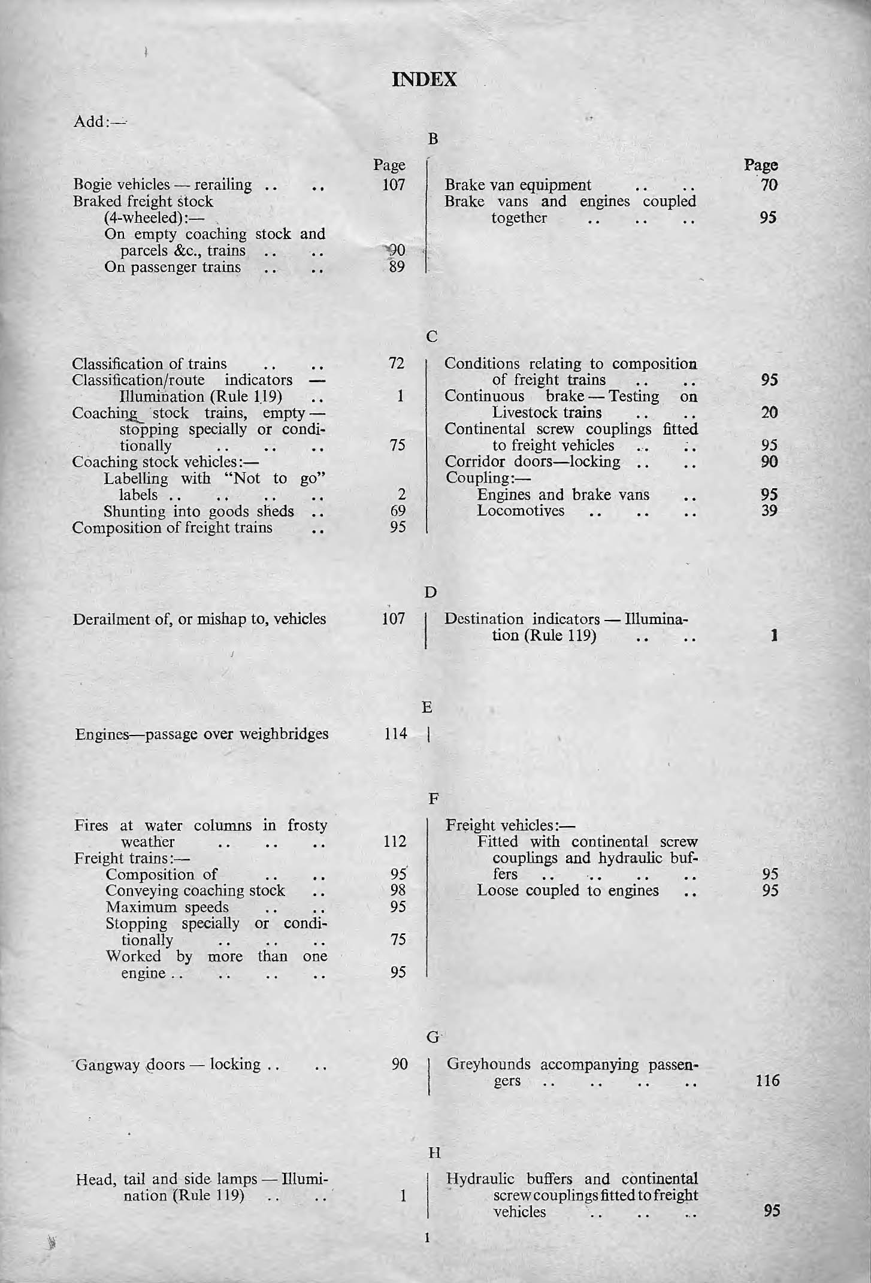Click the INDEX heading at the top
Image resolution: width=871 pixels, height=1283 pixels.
(424, 80)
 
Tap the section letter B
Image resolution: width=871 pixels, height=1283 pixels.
(433, 139)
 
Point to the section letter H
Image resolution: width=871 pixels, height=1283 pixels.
(434, 1152)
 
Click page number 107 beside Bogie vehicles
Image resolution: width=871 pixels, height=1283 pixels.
(394, 184)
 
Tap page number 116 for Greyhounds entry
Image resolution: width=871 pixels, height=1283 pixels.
(766, 1081)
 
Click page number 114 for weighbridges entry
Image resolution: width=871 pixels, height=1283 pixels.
(395, 734)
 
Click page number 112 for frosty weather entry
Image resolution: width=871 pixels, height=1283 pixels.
(395, 842)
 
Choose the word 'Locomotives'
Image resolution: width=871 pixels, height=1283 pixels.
(520, 511)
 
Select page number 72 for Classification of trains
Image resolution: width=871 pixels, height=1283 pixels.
(397, 363)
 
